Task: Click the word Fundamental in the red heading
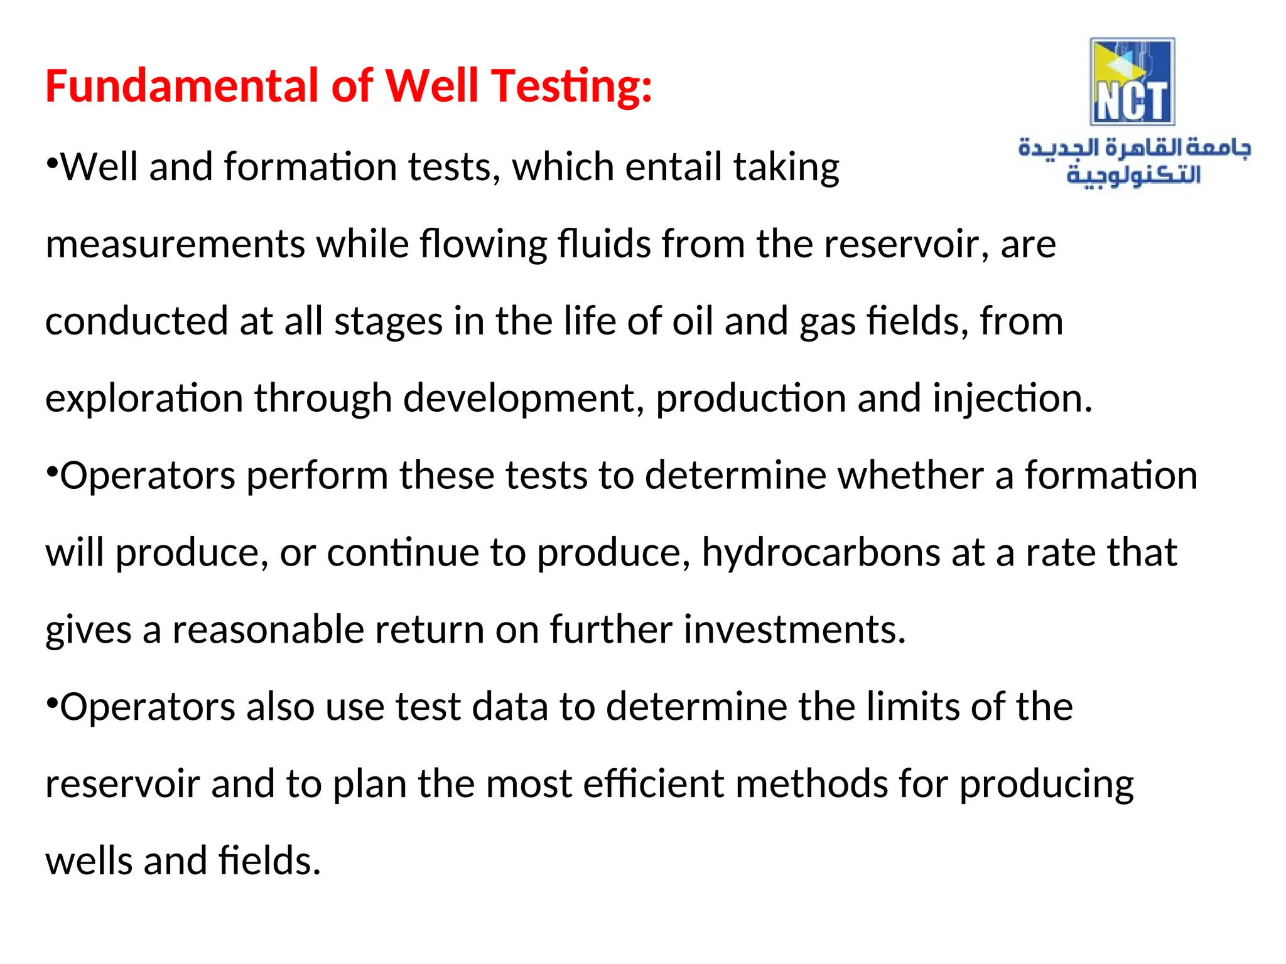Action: click(183, 86)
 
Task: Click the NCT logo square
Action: click(1132, 82)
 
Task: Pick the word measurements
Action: click(175, 244)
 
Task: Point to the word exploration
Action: click(144, 399)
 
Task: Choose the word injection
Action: click(1012, 399)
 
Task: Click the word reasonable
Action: click(268, 629)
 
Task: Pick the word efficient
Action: click(653, 784)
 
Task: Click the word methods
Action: click(811, 784)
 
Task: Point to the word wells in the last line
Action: click(89, 860)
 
